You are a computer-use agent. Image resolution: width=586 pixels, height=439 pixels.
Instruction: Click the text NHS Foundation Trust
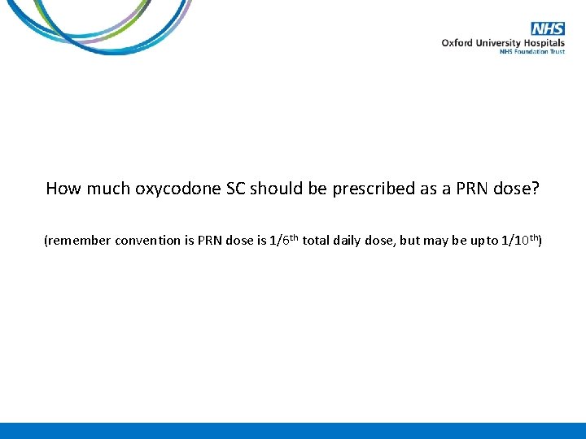[531, 52]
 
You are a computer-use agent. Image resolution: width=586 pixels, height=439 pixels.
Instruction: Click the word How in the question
[61, 189]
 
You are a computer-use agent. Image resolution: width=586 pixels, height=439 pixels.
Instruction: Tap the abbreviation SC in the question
[234, 189]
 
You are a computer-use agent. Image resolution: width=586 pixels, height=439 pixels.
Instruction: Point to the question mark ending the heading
[536, 189]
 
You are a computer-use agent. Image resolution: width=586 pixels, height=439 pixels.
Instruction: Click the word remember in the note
[80, 241]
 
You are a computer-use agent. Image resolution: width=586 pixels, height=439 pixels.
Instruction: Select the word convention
[153, 241]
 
